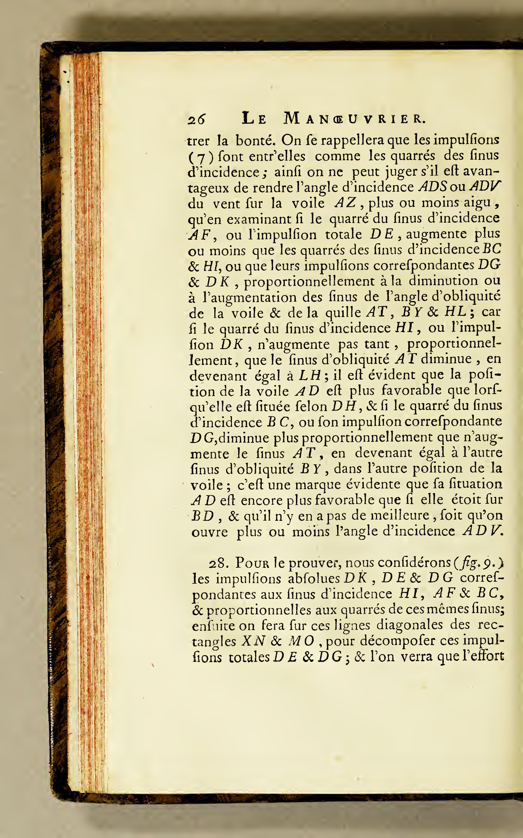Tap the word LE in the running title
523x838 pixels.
[254, 119]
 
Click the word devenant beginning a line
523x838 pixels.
[219, 376]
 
